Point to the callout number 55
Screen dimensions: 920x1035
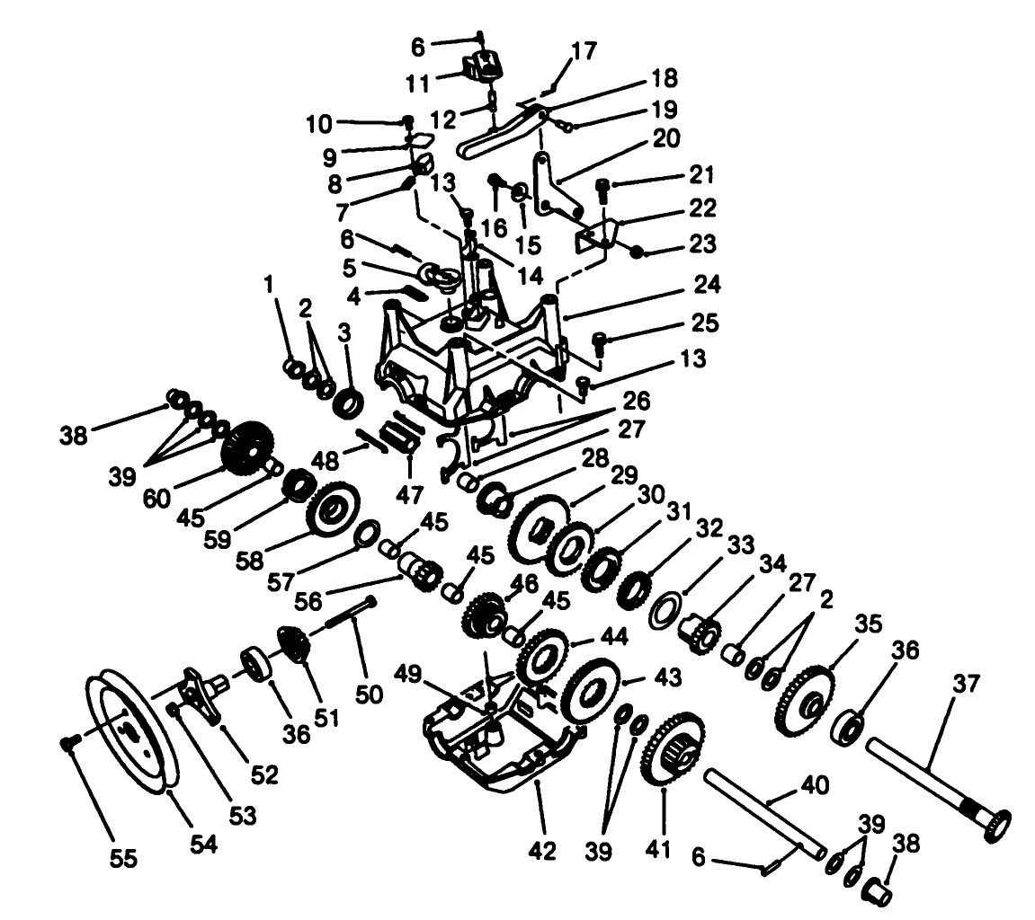124,858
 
